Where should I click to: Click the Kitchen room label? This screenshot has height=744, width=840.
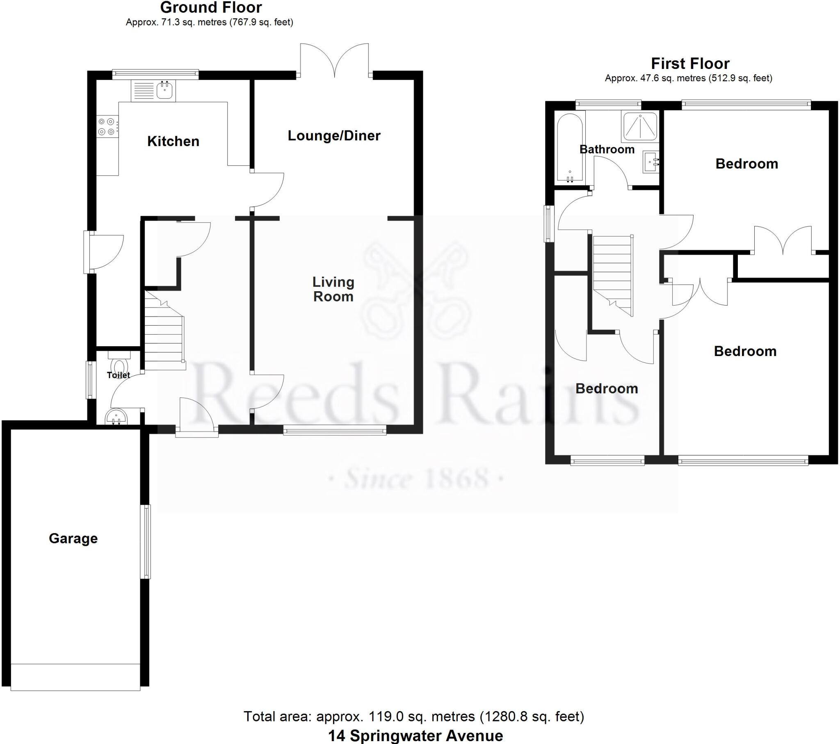[x=173, y=141]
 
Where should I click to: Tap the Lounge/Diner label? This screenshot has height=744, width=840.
[x=334, y=136]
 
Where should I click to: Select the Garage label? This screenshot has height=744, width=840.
[x=73, y=539]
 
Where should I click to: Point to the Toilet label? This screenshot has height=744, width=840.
[x=119, y=375]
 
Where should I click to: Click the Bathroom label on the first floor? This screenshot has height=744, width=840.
[x=607, y=149]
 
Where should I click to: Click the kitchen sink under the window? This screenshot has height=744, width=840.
[x=165, y=90]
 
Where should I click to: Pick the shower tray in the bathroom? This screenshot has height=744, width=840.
[x=640, y=127]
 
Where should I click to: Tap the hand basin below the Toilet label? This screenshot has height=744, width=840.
[x=116, y=418]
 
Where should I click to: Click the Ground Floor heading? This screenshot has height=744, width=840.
[x=211, y=7]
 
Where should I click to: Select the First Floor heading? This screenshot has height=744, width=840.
[x=690, y=64]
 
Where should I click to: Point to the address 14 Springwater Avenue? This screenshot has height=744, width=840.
[x=415, y=736]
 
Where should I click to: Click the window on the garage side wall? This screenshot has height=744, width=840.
[x=146, y=542]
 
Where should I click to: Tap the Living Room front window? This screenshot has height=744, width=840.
[x=335, y=430]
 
